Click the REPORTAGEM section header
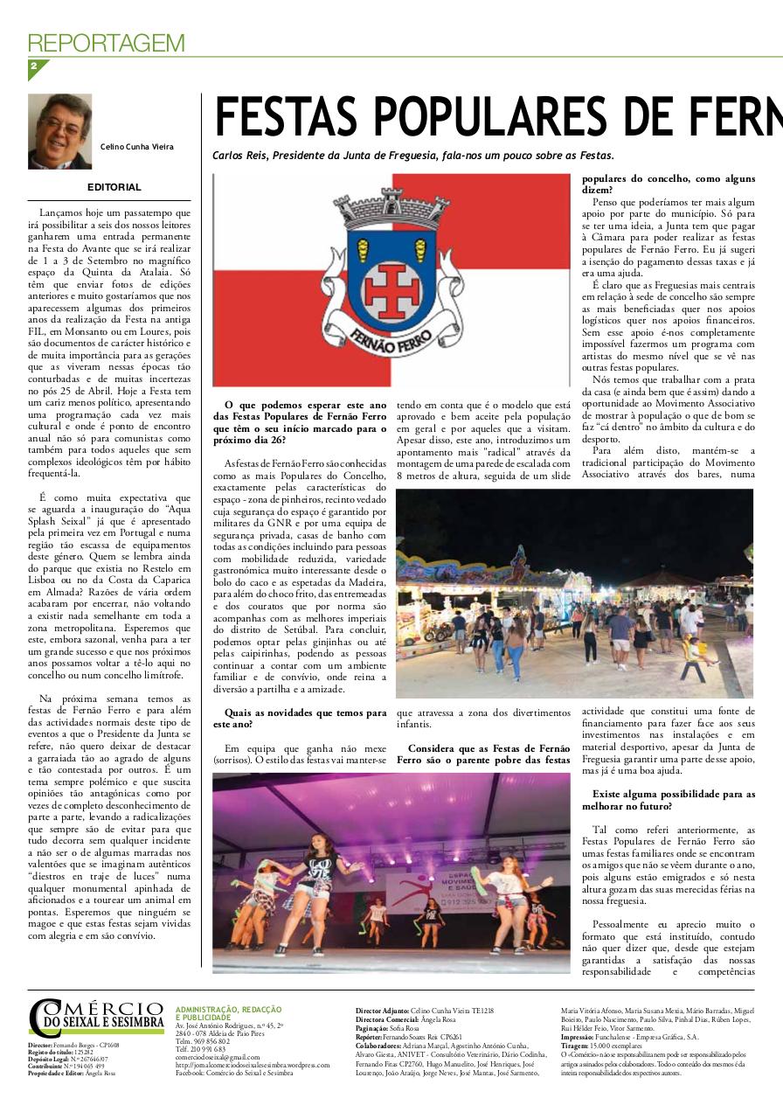point(107,43)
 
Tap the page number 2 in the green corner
point(34,66)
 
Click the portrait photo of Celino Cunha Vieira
point(59,131)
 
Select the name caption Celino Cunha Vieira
point(136,147)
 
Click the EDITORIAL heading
point(114,187)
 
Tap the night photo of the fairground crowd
point(574,593)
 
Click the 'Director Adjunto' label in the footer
point(382,1010)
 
